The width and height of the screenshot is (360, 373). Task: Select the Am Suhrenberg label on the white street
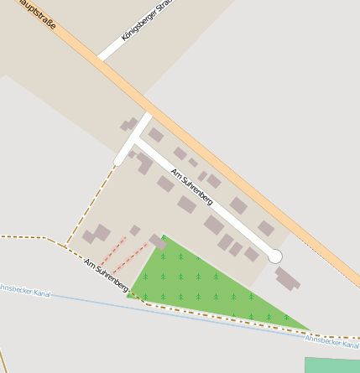tap(192, 188)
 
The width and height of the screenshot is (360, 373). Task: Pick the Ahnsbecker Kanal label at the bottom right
tap(331, 340)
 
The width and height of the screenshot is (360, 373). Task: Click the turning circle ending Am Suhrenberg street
tap(274, 256)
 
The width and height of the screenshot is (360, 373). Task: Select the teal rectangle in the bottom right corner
tap(332, 365)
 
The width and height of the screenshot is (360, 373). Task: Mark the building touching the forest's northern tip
tap(158, 241)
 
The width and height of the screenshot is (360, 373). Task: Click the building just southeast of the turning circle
tap(287, 277)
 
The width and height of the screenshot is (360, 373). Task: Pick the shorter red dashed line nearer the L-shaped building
tap(113, 250)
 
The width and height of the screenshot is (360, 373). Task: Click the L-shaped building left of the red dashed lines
tap(97, 234)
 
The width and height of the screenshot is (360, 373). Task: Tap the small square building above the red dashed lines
tap(134, 231)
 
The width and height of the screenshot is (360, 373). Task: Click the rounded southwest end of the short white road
tap(119, 160)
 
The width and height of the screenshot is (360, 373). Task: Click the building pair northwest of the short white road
tap(128, 125)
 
